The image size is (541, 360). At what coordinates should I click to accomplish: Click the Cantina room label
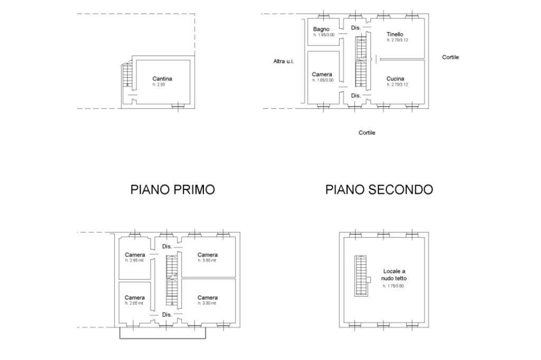click(x=162, y=79)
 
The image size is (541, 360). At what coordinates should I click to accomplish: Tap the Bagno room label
click(x=321, y=29)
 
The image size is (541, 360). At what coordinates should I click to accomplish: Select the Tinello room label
click(x=395, y=34)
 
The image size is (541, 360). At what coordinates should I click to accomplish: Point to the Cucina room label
click(x=395, y=79)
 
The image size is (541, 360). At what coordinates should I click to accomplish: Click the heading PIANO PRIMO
click(x=172, y=190)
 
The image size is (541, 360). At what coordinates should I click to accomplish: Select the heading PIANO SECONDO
click(x=379, y=190)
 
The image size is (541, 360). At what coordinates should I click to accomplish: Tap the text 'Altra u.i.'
click(x=284, y=61)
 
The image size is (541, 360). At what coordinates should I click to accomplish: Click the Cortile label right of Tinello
click(x=450, y=57)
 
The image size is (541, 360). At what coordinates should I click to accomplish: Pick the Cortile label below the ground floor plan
click(x=367, y=132)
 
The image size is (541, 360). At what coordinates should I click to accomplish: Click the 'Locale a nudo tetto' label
click(x=395, y=274)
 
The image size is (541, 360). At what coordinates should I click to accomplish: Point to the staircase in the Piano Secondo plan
click(x=361, y=275)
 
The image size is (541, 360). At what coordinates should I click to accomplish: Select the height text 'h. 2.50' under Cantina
click(x=159, y=84)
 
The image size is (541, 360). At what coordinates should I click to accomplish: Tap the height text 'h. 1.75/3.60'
click(x=394, y=286)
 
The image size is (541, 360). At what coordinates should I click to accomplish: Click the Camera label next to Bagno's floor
click(x=322, y=74)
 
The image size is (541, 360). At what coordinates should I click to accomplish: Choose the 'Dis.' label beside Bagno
click(x=356, y=27)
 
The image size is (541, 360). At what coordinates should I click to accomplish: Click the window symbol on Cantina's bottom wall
click(x=178, y=107)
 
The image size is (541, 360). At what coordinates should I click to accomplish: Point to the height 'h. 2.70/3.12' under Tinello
click(x=397, y=40)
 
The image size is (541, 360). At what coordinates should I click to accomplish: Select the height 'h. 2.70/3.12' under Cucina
click(x=397, y=84)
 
